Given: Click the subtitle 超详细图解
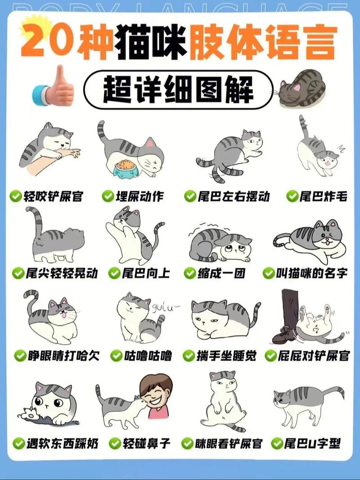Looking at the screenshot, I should tap(179, 88).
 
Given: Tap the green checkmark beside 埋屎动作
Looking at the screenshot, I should tap(107, 197).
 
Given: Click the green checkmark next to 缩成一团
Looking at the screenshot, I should tap(189, 273).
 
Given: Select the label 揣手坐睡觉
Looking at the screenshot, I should tap(226, 356).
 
